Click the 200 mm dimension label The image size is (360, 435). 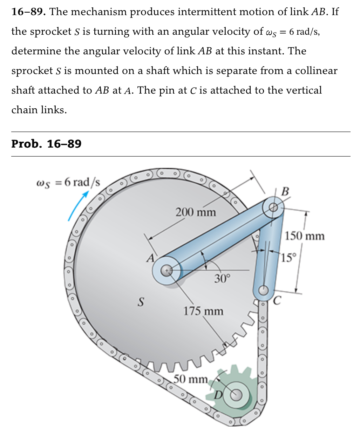[x=196, y=212]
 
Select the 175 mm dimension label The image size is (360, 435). [x=203, y=311]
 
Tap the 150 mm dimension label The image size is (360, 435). [x=305, y=236]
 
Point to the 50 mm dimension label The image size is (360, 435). [x=191, y=379]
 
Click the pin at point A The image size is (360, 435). [x=167, y=270]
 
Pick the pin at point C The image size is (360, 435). [x=263, y=290]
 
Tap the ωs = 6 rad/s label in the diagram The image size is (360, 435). [x=68, y=182]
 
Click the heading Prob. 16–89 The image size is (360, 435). [x=46, y=144]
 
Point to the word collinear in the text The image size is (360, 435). [x=316, y=71]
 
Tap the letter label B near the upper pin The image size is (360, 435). [x=285, y=191]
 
